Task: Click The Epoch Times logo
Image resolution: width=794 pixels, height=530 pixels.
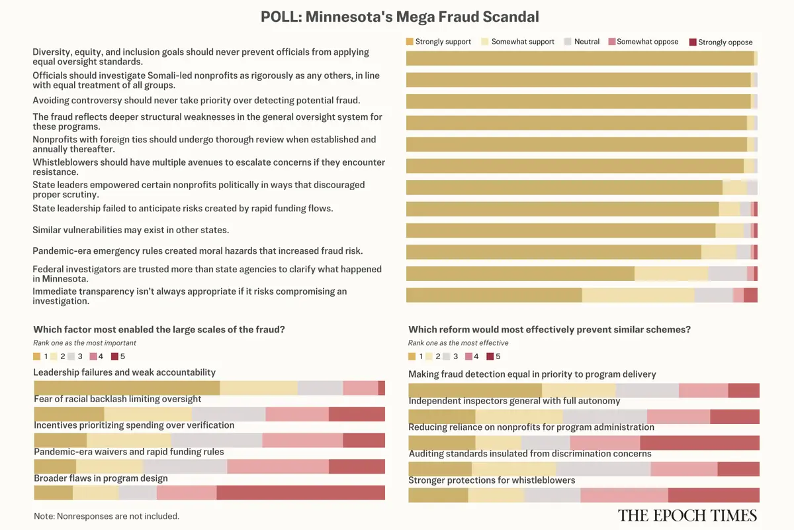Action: coord(687,515)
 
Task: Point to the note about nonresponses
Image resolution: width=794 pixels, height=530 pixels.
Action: coord(106,515)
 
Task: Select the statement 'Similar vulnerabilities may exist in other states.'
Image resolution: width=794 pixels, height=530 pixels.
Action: coord(131,230)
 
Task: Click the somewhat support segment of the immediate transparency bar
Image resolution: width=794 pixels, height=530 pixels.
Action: coord(638,295)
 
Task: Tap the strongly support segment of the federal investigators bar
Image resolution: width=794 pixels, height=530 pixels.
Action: coord(520,274)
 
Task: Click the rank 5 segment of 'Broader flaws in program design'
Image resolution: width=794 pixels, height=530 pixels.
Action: coord(300,493)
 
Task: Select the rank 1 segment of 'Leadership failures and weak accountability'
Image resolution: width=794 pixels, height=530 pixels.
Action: coord(126,388)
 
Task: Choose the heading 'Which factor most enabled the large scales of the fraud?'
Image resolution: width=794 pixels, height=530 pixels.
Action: coord(159,329)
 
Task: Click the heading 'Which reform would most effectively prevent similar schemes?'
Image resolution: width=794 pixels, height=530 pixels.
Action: coord(549,329)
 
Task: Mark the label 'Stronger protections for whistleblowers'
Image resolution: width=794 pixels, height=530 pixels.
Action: coord(492,480)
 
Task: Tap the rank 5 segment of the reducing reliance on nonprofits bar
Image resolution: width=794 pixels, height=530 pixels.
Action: coord(699,443)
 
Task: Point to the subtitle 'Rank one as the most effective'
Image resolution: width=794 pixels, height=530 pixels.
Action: coord(458,343)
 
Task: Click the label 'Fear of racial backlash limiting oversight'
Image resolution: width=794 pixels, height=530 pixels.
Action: coord(118,399)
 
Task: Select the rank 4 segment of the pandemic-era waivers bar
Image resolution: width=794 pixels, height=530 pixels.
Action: coord(277,466)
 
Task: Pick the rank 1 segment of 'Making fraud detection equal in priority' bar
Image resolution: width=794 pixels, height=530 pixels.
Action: coord(474,390)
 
